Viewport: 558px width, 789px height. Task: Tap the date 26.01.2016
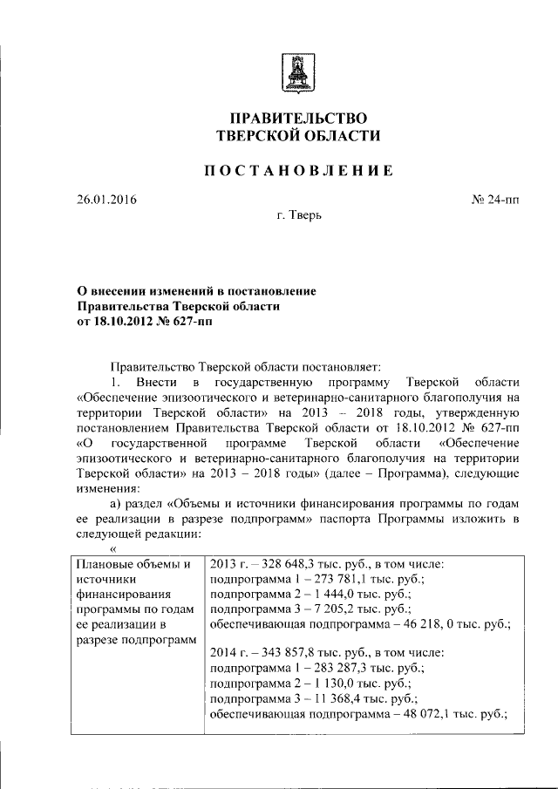(x=106, y=200)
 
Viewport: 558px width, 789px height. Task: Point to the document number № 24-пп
(x=494, y=200)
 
